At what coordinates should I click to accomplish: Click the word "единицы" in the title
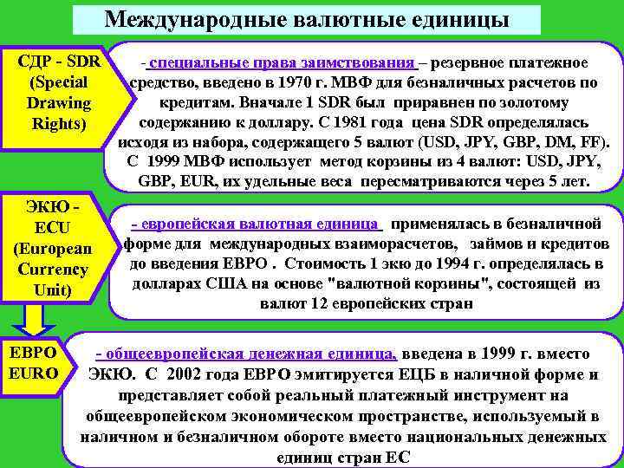(x=458, y=19)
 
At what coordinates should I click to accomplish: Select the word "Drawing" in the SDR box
(x=59, y=102)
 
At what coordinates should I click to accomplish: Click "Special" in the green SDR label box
(x=59, y=82)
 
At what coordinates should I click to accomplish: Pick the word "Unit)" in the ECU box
(x=59, y=289)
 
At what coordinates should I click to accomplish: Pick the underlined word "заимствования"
(x=361, y=63)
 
